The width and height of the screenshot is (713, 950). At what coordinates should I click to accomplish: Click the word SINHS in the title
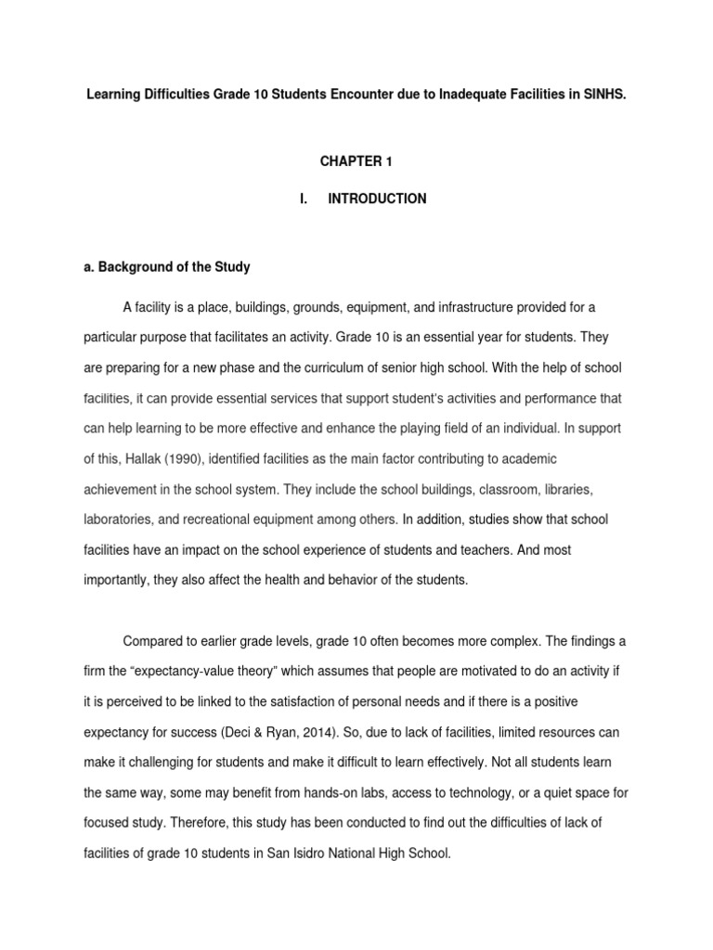(606, 96)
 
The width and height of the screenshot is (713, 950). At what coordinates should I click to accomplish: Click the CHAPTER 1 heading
(356, 161)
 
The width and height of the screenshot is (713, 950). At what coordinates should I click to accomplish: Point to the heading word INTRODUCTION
(377, 199)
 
